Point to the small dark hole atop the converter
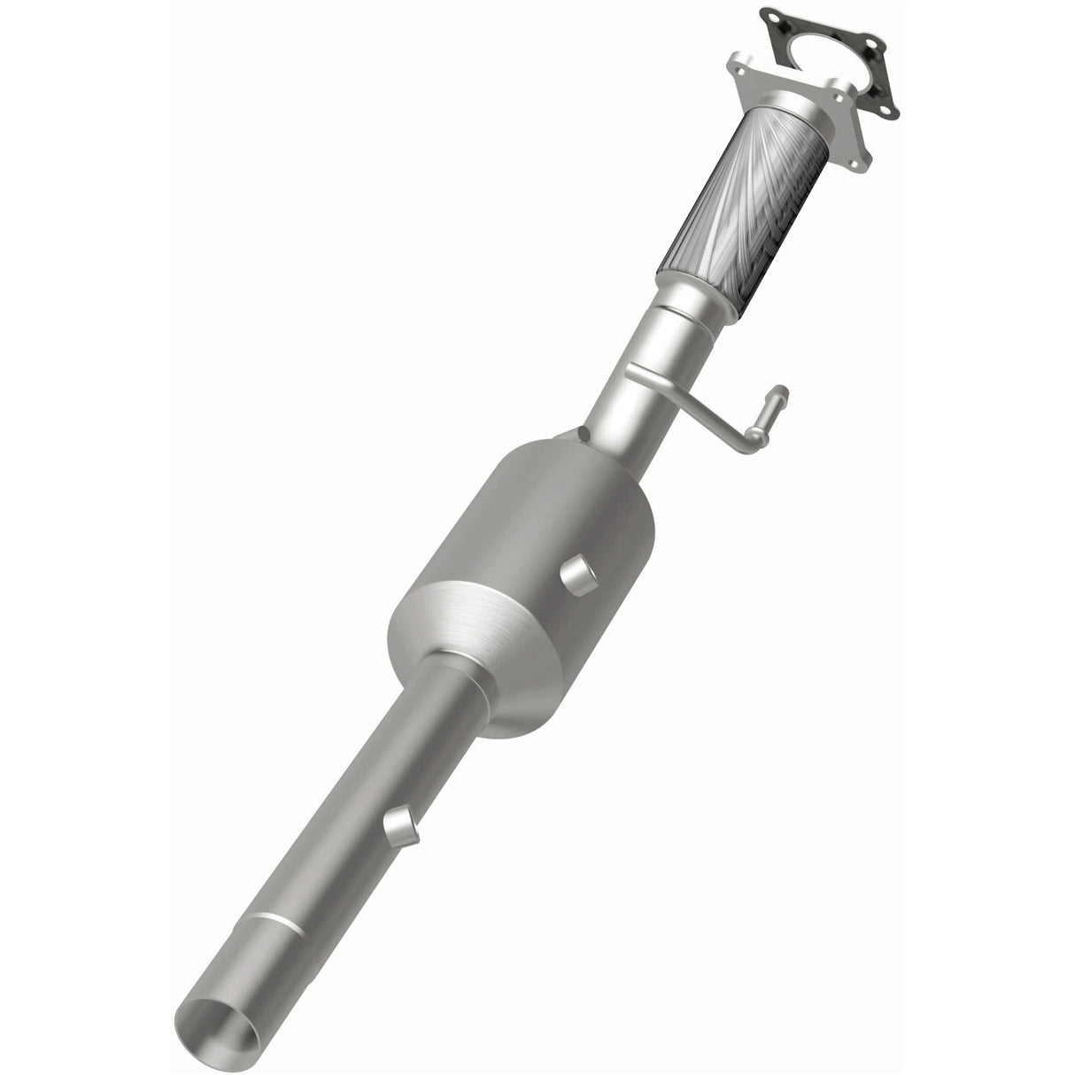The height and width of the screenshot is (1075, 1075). [x=582, y=433]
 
